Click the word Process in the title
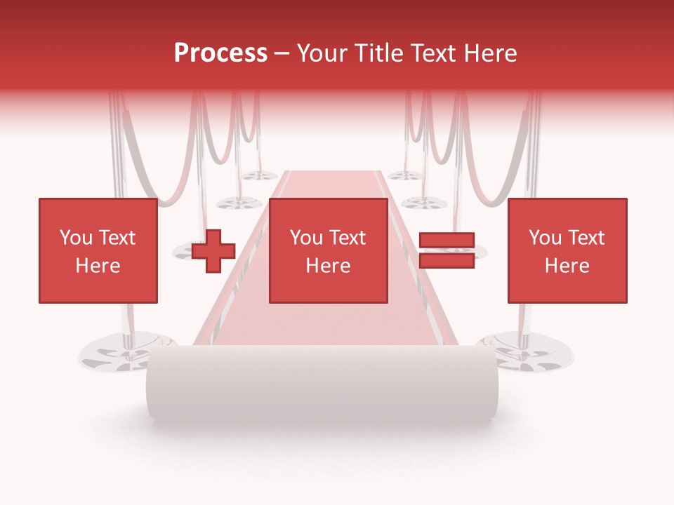click(220, 53)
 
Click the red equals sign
click(447, 250)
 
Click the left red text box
click(98, 250)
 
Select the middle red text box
click(329, 250)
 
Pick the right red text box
click(567, 250)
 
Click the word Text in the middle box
click(348, 238)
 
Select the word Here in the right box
click(567, 266)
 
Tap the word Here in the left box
click(98, 266)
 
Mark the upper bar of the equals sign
click(447, 241)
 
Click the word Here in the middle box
click(329, 266)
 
